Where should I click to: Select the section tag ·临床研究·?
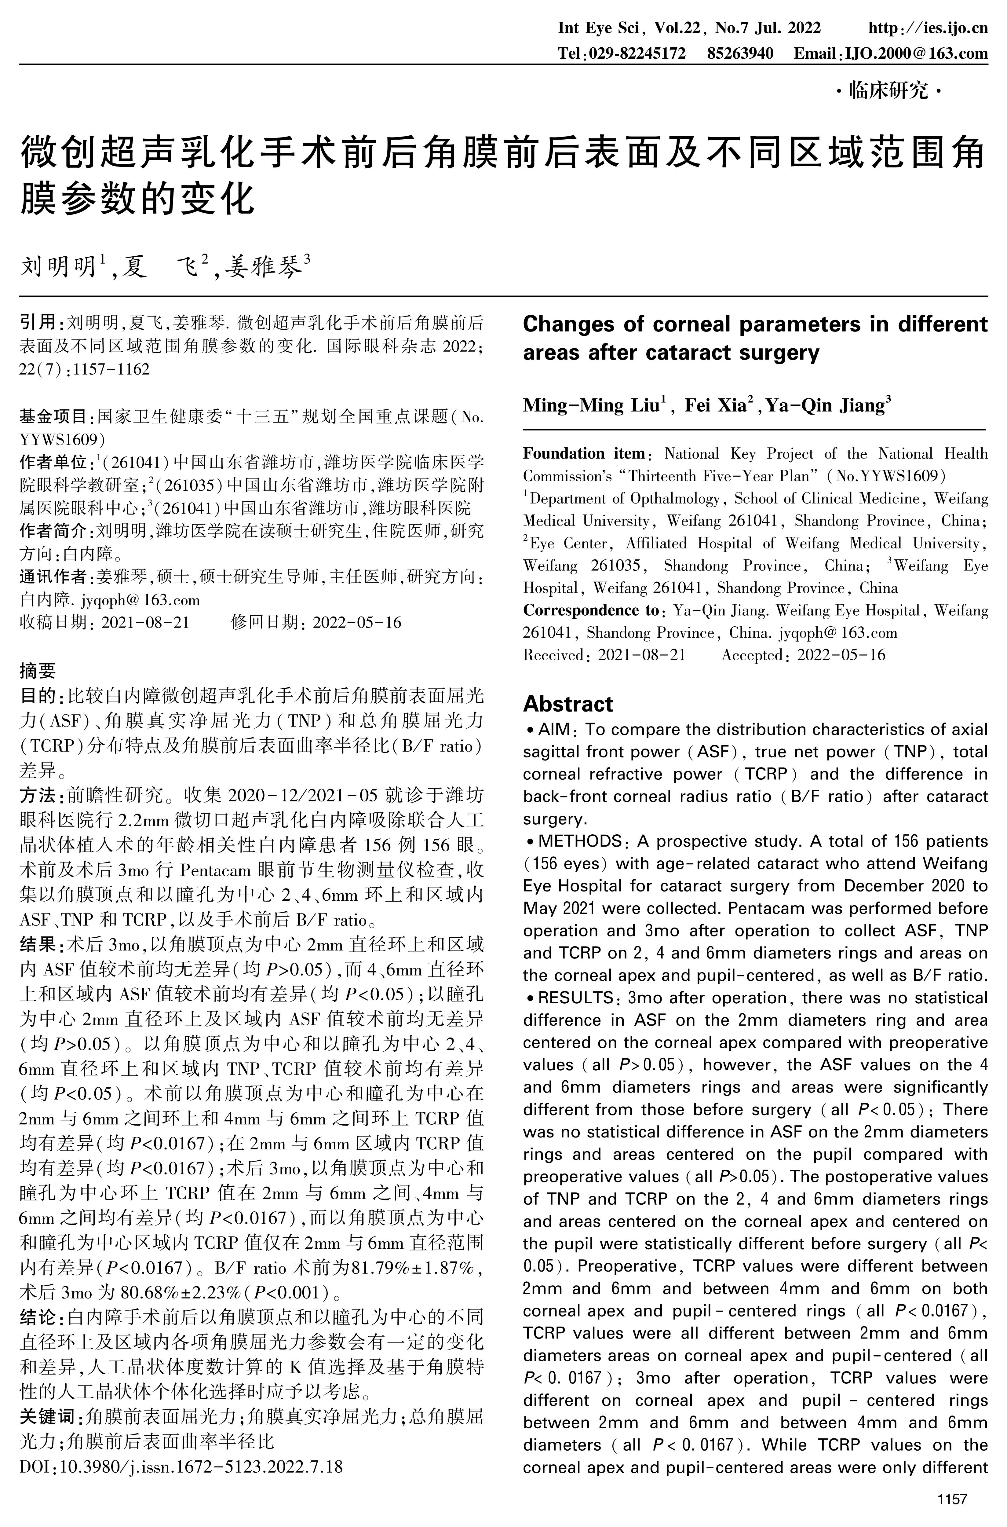889,91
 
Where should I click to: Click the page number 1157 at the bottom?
952,1499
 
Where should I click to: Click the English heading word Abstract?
568,704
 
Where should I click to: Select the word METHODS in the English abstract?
579,841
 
